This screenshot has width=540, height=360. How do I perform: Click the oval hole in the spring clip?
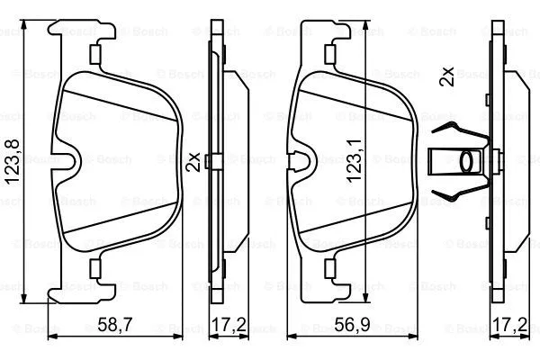point(471,162)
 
